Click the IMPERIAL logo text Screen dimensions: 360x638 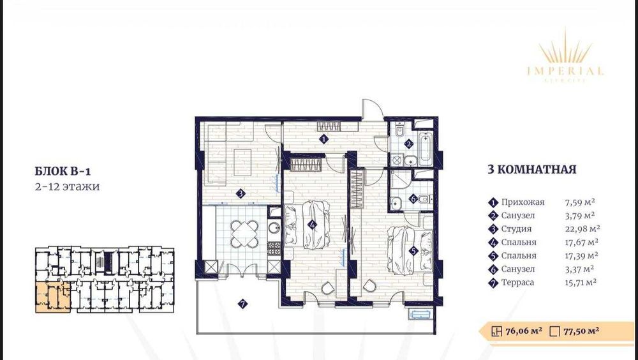click(565, 71)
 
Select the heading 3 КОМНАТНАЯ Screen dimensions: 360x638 click(531, 170)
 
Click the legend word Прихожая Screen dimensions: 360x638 click(523, 202)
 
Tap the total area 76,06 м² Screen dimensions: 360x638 click(524, 331)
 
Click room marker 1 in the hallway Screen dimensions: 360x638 click(323, 139)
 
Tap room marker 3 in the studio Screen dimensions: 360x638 click(241, 193)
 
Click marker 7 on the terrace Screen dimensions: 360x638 click(243, 304)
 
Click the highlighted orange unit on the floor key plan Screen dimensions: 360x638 click(52, 296)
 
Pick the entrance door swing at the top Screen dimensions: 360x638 click(372, 110)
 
